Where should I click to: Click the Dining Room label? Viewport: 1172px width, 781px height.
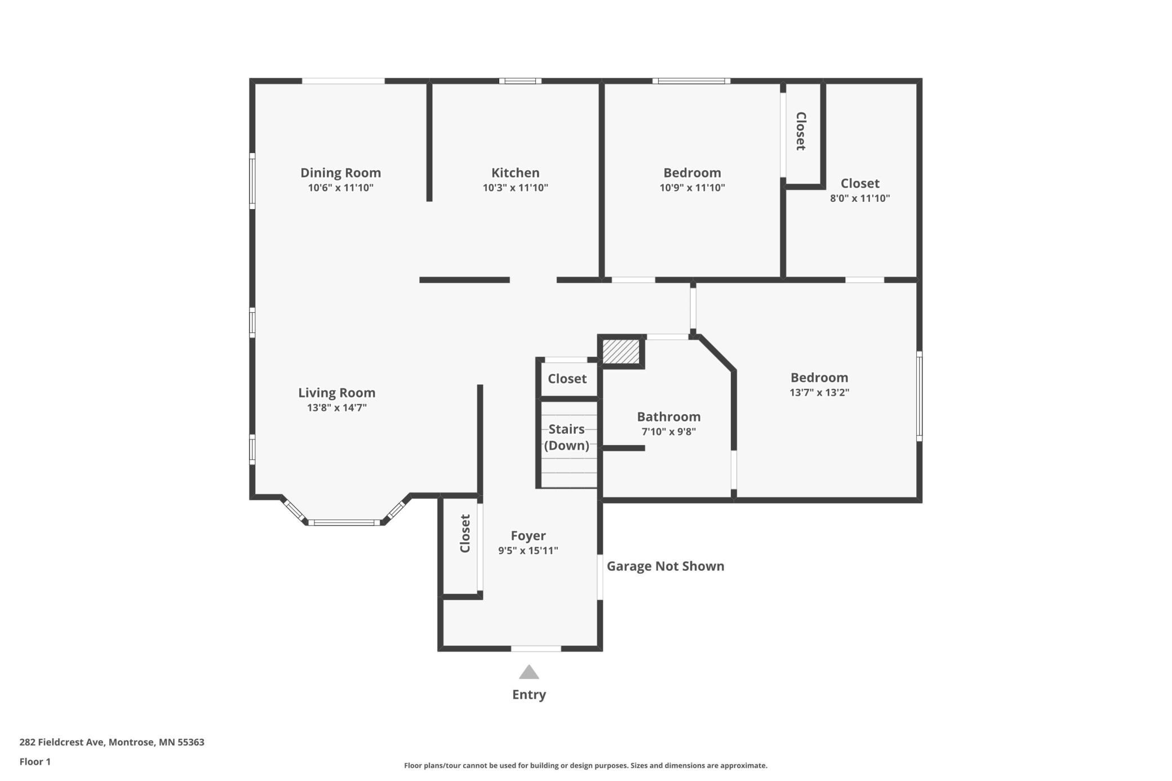tap(340, 172)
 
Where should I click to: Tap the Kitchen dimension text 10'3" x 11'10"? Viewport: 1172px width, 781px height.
tap(515, 188)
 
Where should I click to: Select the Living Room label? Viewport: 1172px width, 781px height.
tap(336, 393)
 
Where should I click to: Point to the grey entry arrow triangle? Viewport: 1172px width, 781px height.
tap(529, 672)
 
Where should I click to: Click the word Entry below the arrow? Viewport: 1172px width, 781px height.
tap(529, 695)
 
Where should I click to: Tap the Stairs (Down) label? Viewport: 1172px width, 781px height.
tap(566, 437)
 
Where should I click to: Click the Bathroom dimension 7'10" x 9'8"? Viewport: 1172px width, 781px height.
tap(669, 432)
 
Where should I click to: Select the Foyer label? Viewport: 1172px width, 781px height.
tap(528, 536)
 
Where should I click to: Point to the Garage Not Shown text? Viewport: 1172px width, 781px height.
tap(665, 566)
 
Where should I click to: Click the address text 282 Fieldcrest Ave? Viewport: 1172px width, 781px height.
tap(62, 742)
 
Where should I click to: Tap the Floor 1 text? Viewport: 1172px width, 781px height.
tap(35, 762)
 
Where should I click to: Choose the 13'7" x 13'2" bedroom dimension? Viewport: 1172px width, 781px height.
tap(819, 392)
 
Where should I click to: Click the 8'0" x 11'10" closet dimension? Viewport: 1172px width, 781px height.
tap(860, 198)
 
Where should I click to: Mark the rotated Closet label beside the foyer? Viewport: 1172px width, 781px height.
tap(465, 533)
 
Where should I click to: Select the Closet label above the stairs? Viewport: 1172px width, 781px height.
tap(567, 379)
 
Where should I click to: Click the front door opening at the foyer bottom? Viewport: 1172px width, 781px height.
tap(536, 649)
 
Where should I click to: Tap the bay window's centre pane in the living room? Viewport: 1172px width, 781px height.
tap(344, 523)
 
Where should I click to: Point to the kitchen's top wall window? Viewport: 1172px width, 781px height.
tap(520, 81)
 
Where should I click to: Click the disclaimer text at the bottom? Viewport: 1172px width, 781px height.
tap(585, 765)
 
